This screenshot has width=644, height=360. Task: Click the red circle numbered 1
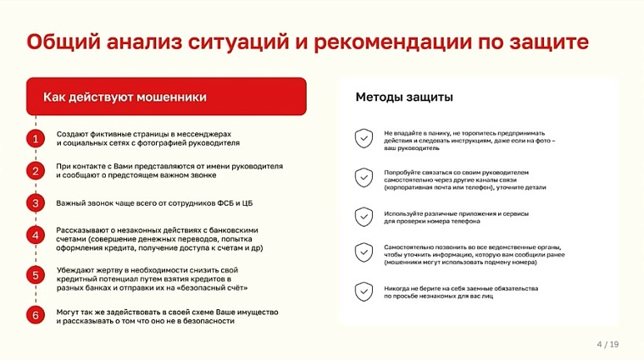(36, 139)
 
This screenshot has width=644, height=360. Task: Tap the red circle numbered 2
(36, 171)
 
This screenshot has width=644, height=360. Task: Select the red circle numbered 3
(36, 203)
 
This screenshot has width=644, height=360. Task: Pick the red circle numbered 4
(36, 235)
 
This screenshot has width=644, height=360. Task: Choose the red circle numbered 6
(36, 316)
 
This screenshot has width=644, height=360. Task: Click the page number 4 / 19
(608, 344)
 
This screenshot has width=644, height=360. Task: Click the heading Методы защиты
(403, 98)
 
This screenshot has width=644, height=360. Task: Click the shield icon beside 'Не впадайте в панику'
(364, 138)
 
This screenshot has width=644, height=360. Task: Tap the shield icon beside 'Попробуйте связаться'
(364, 178)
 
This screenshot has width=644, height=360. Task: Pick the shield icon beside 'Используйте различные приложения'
(364, 217)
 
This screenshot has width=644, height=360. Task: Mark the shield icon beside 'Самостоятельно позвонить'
(364, 252)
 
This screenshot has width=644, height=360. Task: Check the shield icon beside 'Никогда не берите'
(364, 291)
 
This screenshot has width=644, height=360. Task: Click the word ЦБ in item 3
(247, 203)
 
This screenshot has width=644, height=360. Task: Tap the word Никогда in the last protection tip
(397, 287)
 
